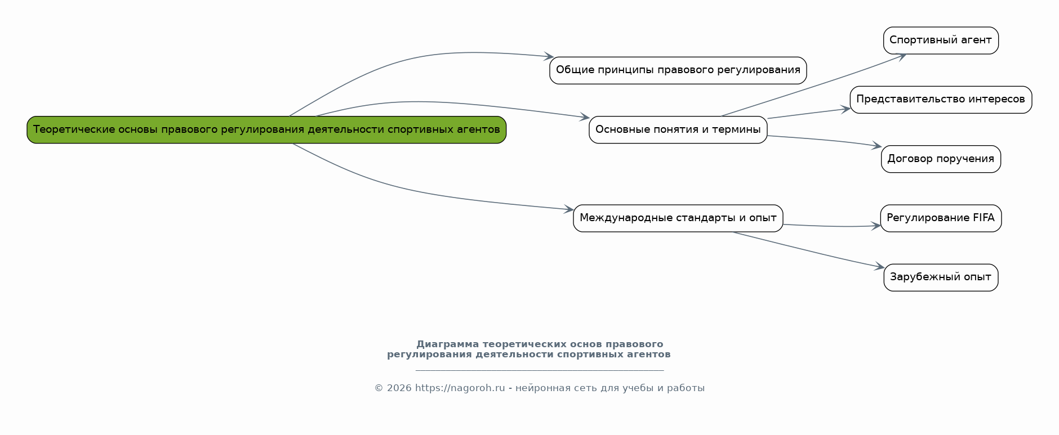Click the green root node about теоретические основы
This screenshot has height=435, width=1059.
coord(266,130)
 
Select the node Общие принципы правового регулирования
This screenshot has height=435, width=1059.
coord(678,70)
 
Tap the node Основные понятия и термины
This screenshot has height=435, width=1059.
coord(678,130)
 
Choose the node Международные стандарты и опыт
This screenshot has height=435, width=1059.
coord(678,218)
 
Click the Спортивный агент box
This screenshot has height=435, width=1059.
coord(941,41)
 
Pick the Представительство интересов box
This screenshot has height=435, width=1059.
coord(941,100)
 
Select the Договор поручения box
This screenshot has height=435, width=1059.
coord(941,159)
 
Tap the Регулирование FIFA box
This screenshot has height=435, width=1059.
coord(941,218)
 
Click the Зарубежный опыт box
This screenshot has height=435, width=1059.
coord(941,277)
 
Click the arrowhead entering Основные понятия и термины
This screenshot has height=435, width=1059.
coord(585,117)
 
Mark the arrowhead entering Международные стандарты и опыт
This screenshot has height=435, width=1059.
coord(569,210)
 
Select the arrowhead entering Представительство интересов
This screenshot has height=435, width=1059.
coord(846,109)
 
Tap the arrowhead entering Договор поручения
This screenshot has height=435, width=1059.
coord(877,146)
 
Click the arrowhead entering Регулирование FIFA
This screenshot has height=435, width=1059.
coord(876,226)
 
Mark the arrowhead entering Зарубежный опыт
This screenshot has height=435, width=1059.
coord(880,267)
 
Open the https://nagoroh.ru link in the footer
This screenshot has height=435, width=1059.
coord(460,388)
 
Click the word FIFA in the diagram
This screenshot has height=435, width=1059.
coord(983,218)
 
